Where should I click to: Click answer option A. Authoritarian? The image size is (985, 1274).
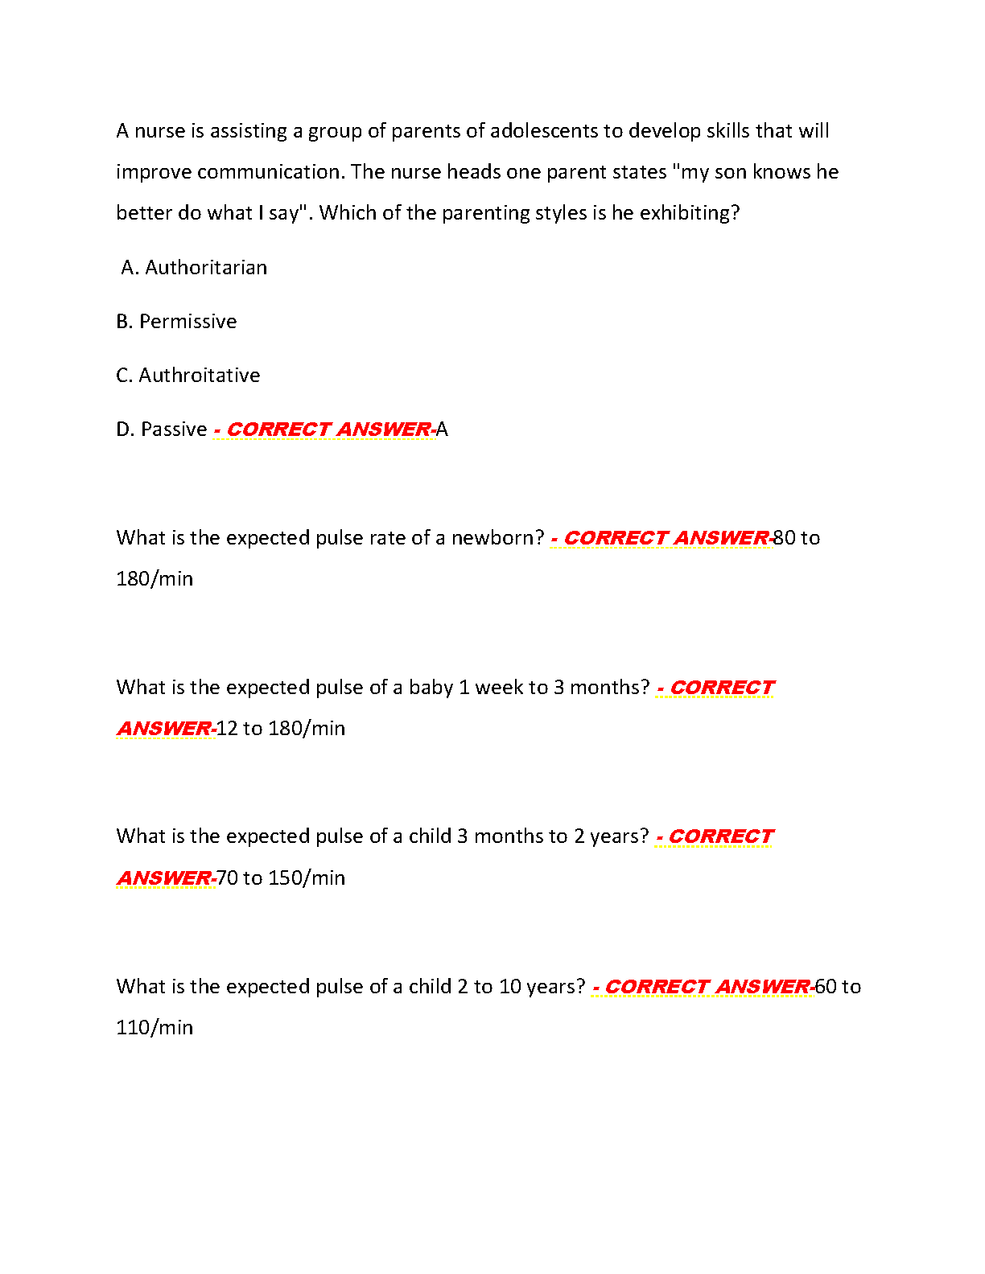point(194,268)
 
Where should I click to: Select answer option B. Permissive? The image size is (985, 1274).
point(176,322)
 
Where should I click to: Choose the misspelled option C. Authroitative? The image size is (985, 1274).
point(188,376)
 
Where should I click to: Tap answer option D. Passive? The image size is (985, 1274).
point(162,429)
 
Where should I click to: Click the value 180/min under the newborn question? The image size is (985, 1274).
point(155,579)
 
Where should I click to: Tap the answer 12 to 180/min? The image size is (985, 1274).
point(281,729)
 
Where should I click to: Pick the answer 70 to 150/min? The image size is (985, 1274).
point(281,878)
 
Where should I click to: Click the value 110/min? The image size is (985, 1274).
point(155,1028)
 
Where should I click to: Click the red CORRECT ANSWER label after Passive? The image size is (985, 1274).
point(325,429)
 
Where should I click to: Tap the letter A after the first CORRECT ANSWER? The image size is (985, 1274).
point(442,429)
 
